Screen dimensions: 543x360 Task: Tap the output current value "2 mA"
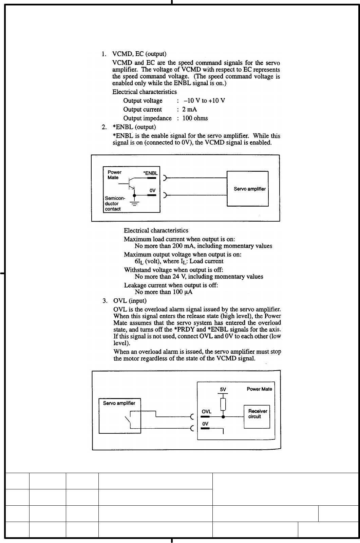click(x=190, y=110)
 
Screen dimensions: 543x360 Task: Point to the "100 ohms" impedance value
click(x=195, y=118)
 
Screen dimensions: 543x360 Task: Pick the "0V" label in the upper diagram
click(x=152, y=191)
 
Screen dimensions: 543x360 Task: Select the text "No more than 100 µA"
click(x=164, y=292)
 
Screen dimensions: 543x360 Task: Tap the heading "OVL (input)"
click(x=130, y=301)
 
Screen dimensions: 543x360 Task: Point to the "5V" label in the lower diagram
click(x=223, y=390)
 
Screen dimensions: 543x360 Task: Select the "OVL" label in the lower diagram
click(x=206, y=411)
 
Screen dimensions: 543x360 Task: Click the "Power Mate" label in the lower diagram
click(x=259, y=389)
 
